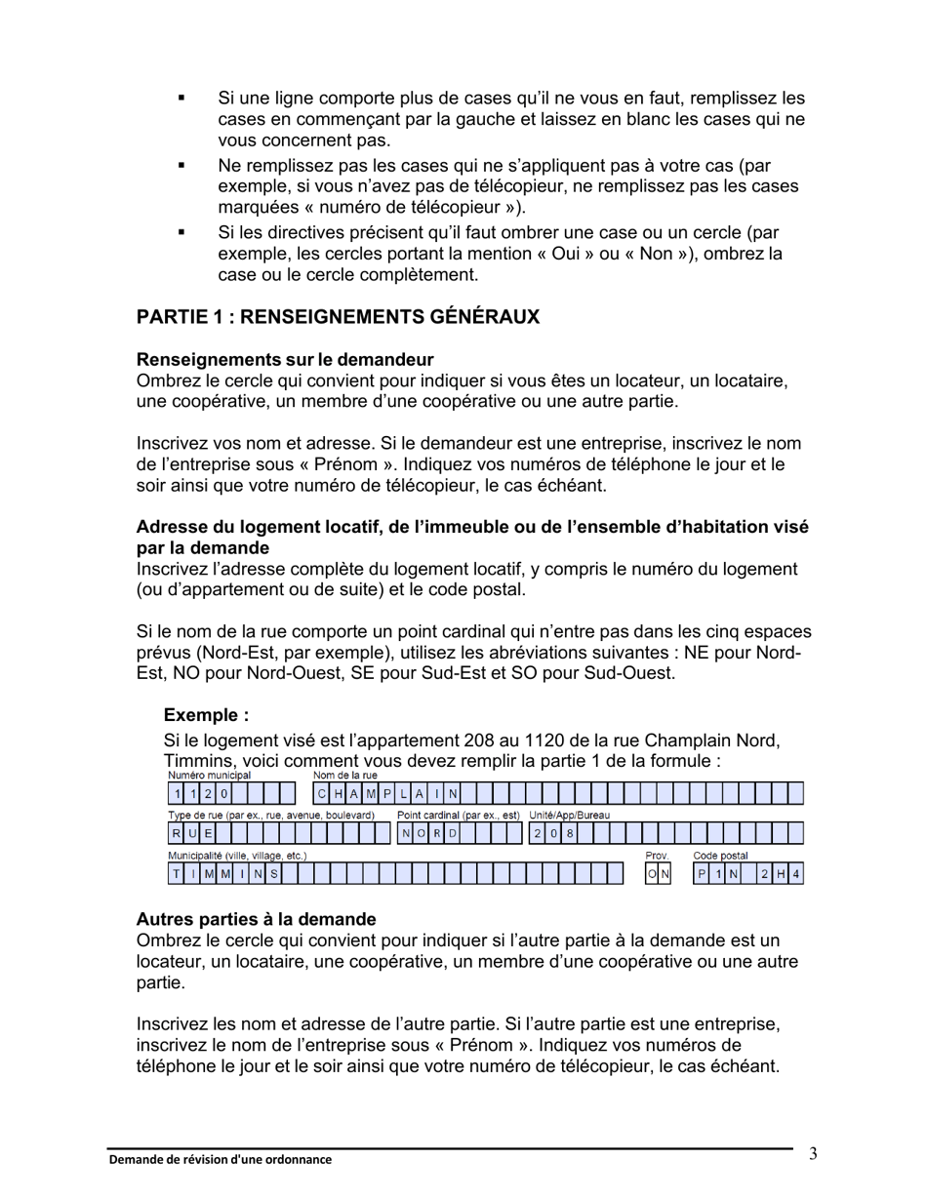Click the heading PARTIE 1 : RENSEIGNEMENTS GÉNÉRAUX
(338, 318)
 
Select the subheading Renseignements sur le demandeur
(285, 360)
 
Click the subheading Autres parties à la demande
(256, 919)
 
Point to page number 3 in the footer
(813, 1155)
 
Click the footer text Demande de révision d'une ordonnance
(220, 1160)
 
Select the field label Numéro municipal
(210, 776)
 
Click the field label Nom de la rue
(344, 776)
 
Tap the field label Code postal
(720, 856)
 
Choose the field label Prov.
(656, 856)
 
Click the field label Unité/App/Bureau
(569, 815)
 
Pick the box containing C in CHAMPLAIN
(322, 793)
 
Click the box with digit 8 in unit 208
(570, 833)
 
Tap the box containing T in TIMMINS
(176, 874)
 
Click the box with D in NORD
(453, 833)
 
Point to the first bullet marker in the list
(181, 99)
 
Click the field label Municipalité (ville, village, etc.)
(237, 856)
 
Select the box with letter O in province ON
(652, 874)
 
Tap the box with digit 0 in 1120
(223, 793)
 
